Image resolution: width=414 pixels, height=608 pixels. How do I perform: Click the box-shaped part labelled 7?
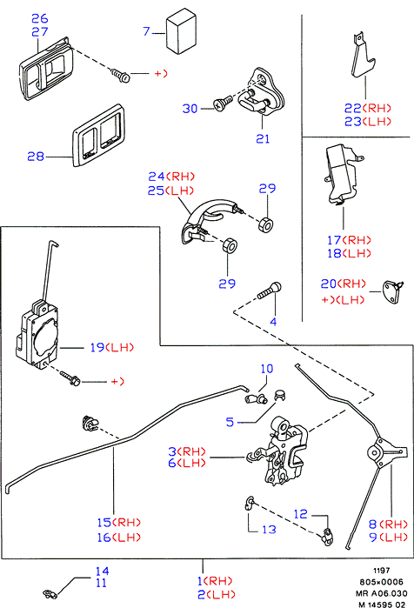pos(181,31)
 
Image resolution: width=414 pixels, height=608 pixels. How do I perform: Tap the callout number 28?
pos(36,157)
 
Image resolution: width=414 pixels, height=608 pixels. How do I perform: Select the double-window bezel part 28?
pos(98,136)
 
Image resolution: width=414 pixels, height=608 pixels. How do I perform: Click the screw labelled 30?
pos(223,104)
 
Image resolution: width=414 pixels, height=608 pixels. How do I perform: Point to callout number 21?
pos(263,138)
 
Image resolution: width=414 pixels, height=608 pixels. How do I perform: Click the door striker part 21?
pos(262,91)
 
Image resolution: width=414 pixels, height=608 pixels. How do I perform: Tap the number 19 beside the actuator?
pos(97,347)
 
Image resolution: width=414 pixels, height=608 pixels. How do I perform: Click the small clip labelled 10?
pos(256,398)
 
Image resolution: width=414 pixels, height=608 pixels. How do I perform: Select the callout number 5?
pos(230,422)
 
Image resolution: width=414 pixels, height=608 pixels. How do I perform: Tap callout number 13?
pos(269,530)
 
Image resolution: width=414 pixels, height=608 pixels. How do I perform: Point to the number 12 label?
pos(300,514)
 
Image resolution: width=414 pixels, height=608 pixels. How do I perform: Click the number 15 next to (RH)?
pos(104,522)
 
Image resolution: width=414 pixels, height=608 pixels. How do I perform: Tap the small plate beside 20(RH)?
pos(392,291)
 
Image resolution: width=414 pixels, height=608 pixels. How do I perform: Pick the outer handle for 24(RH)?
pos(208,221)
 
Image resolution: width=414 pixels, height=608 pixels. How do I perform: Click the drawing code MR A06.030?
pos(382,593)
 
